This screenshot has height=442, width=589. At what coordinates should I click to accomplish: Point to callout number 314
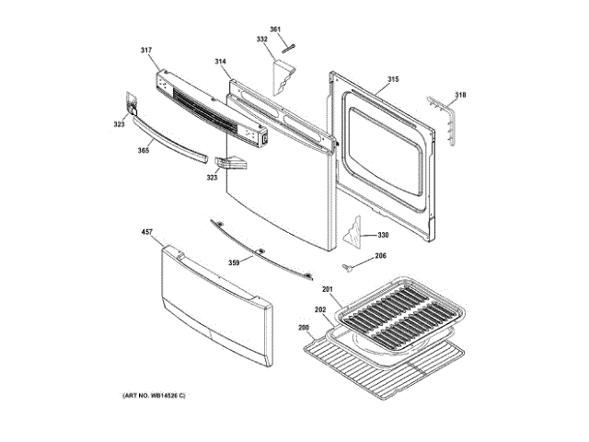(221, 62)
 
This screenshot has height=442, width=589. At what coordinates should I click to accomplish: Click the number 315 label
(393, 79)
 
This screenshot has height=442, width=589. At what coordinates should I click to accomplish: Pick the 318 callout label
(460, 95)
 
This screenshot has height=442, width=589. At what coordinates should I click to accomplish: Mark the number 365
(144, 150)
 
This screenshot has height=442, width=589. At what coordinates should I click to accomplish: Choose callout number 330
(383, 236)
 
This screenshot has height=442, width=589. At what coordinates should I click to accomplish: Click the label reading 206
(380, 256)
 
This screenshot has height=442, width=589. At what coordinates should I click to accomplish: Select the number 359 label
(234, 262)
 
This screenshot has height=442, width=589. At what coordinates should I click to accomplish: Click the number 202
(320, 311)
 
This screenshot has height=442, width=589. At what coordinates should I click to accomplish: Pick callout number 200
(303, 327)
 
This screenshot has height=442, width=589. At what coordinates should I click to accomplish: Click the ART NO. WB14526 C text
(154, 395)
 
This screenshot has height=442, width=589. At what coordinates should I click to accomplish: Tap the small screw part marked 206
(350, 267)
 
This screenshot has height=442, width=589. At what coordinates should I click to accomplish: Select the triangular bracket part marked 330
(352, 233)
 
